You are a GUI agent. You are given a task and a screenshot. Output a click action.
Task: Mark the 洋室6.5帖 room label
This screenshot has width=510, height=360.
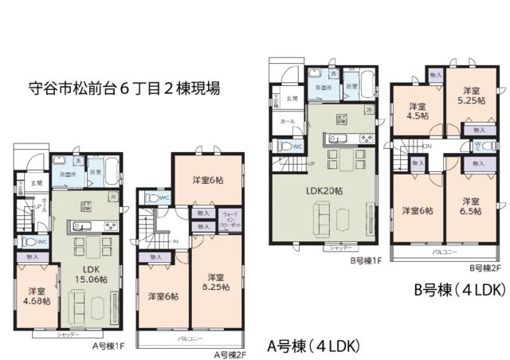[469, 205]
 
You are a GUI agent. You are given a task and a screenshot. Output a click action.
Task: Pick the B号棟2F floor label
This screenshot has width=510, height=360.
[484, 268]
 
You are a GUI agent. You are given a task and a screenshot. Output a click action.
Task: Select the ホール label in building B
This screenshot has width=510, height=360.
[287, 122]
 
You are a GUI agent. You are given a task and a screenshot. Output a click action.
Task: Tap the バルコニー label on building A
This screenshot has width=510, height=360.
[189, 338]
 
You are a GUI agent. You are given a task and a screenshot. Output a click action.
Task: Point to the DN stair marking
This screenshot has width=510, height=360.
[428, 147]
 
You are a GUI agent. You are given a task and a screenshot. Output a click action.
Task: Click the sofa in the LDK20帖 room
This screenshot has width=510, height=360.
[325, 216]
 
